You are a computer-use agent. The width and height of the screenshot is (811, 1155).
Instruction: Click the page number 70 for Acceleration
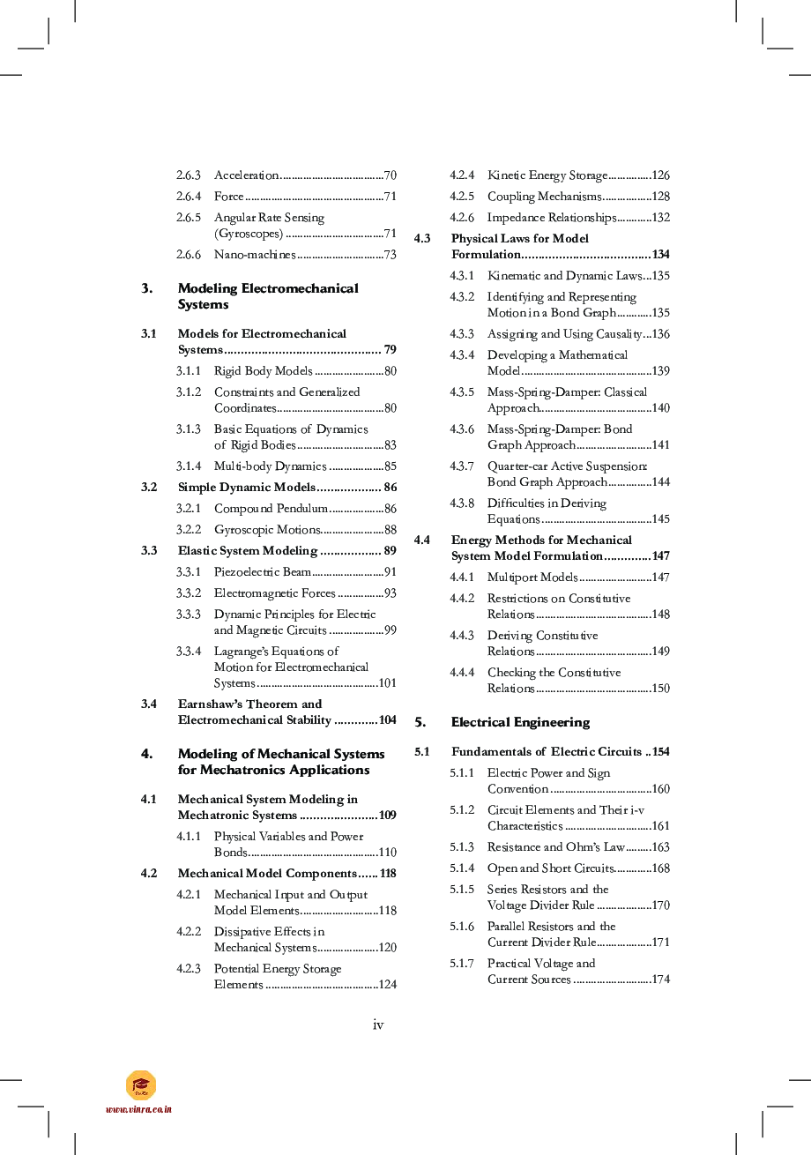pos(390,175)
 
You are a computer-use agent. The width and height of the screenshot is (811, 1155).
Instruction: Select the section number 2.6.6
pos(188,255)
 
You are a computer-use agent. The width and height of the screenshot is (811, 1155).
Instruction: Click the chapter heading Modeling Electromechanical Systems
pos(267,296)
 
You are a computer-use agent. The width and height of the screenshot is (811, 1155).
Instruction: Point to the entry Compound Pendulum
pos(271,509)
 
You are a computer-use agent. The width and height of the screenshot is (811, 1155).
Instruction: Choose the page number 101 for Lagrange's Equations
pos(387,683)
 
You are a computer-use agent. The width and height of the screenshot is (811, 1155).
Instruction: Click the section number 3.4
pos(149,704)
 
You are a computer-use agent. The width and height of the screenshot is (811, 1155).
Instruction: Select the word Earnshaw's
pos(210,704)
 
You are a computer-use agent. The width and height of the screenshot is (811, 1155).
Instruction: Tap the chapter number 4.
pos(146,754)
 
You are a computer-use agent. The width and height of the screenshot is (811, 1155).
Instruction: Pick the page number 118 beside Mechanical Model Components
pos(388,874)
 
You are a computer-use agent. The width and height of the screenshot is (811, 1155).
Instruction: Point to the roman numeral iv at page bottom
pos(378,1025)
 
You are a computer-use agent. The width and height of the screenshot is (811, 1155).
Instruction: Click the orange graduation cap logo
pos(140,1085)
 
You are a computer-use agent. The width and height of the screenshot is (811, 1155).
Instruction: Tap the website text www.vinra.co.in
pos(138,1110)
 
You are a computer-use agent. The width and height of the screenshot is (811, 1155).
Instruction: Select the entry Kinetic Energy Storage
pos(547,175)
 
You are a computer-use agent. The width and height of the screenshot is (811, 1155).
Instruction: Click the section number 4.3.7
pos(462,466)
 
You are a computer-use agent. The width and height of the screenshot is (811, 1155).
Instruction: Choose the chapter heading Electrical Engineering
pos(520,722)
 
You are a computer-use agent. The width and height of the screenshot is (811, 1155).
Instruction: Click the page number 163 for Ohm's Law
pos(660,847)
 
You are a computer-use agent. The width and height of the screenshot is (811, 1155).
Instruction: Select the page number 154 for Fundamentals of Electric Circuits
pos(660,752)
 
